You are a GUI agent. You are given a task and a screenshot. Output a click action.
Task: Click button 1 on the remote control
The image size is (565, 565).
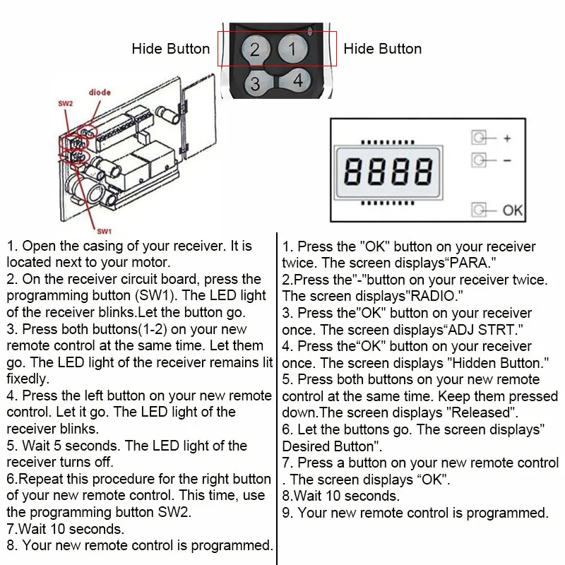tap(293, 49)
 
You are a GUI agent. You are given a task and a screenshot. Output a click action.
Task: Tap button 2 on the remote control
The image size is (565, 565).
tap(255, 49)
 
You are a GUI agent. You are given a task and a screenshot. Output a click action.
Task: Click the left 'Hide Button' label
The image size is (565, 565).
tap(171, 49)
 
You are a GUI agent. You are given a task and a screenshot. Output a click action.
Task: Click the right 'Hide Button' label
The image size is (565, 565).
tap(382, 49)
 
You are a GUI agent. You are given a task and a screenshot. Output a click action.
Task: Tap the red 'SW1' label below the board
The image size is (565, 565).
tap(104, 230)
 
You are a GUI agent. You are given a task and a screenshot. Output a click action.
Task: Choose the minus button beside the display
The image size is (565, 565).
tap(480, 160)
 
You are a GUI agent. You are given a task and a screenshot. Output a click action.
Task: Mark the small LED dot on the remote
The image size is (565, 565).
tap(312, 30)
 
